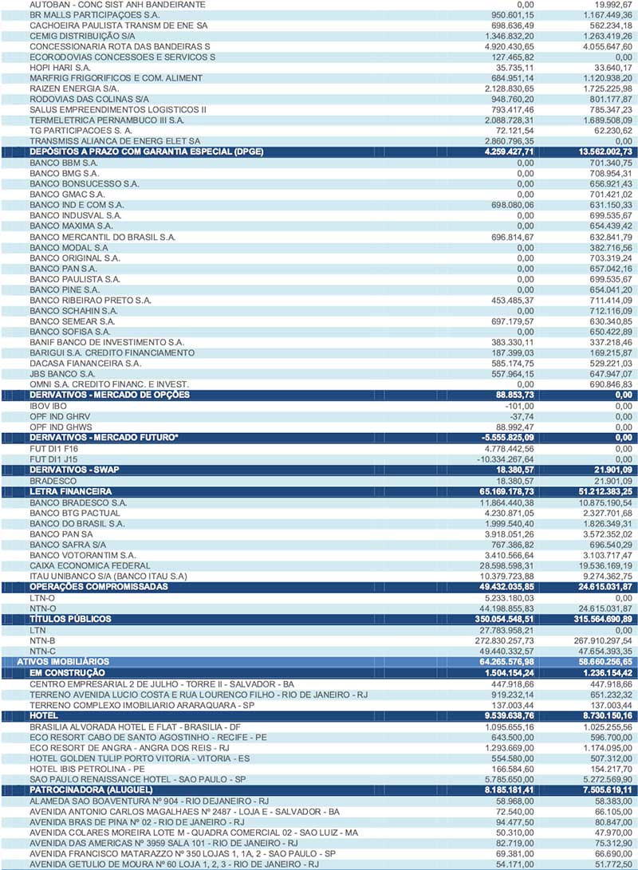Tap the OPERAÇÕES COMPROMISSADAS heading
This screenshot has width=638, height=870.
point(99,586)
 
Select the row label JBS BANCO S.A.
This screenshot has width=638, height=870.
point(62,373)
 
